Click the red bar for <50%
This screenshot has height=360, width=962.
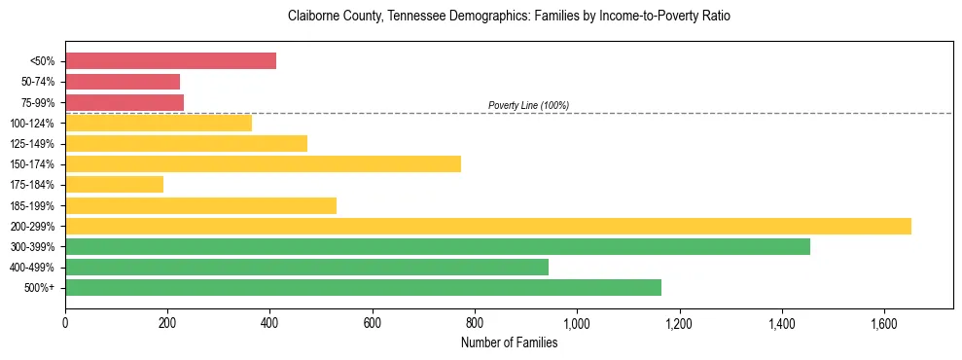170,61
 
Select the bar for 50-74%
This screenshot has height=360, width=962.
123,82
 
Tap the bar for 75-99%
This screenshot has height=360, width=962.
125,102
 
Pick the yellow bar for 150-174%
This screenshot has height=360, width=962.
263,164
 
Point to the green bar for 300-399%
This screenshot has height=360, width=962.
438,247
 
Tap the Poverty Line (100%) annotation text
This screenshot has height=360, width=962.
528,105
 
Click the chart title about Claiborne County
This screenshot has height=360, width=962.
509,17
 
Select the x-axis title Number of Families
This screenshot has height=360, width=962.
509,342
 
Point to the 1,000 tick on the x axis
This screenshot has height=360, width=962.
577,322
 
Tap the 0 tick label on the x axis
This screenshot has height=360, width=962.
65,322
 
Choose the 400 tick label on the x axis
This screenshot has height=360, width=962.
269,322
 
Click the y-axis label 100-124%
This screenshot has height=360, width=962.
33,124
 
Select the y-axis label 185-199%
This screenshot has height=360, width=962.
33,206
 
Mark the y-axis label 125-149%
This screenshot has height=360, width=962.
33,144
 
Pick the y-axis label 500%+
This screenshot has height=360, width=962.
40,288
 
